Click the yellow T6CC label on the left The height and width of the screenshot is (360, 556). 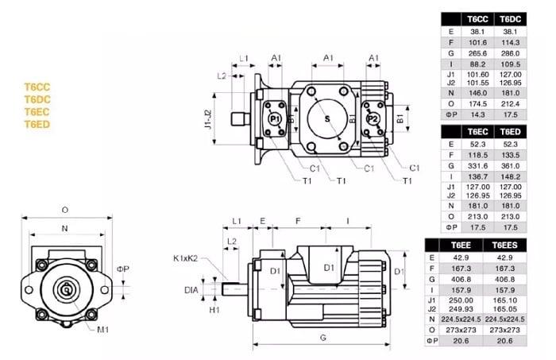(37, 86)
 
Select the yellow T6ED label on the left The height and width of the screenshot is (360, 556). (37, 124)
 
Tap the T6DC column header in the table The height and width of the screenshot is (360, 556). (510, 18)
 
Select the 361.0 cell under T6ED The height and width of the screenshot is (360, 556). (510, 166)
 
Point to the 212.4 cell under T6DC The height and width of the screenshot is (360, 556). (510, 103)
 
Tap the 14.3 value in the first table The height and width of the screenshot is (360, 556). (477, 114)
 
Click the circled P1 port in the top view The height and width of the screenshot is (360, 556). (275, 118)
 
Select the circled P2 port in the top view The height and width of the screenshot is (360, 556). (373, 118)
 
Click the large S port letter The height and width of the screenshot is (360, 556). (326, 118)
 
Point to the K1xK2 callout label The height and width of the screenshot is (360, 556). (186, 257)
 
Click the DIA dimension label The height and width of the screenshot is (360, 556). (191, 290)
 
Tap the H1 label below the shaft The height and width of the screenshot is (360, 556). (214, 310)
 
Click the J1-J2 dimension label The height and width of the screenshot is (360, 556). (207, 118)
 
